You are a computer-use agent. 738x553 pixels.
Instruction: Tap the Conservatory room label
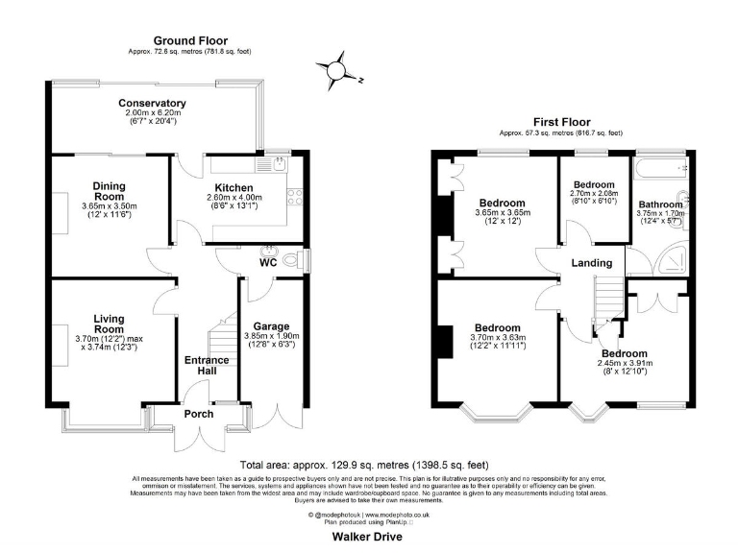152,104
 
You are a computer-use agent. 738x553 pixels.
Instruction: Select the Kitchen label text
234,187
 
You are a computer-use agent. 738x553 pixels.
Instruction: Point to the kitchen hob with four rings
294,199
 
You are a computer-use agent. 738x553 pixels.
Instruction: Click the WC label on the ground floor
269,261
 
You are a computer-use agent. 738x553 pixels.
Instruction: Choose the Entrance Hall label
207,367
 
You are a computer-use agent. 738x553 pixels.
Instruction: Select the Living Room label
111,324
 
